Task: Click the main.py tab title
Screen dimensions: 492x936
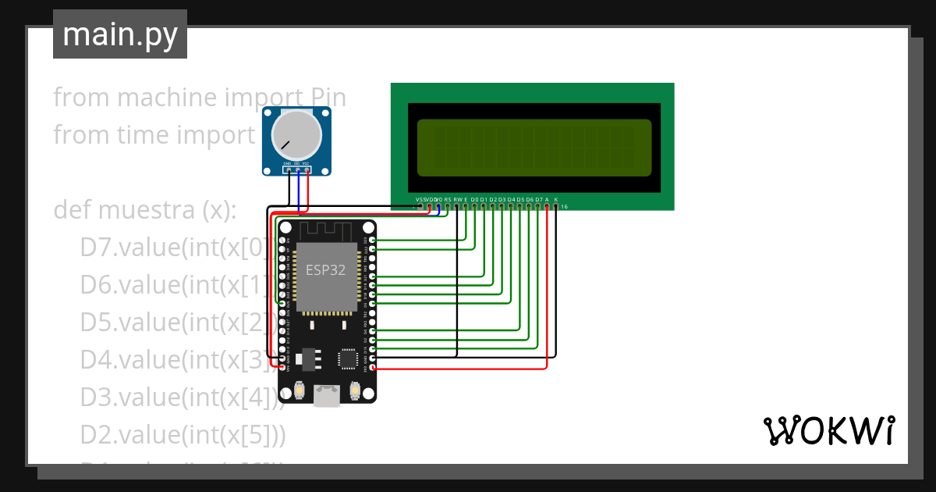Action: point(120,34)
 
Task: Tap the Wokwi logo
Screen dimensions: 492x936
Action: point(828,430)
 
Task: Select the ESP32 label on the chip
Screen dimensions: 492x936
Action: point(325,270)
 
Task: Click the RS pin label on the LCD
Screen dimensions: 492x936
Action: point(447,200)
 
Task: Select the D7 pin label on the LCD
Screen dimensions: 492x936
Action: point(538,200)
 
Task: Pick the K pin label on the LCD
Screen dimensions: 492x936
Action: point(556,200)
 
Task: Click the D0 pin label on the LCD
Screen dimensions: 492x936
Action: point(474,200)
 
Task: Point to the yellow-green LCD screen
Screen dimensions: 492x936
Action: point(534,148)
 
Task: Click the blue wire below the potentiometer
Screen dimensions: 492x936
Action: point(299,191)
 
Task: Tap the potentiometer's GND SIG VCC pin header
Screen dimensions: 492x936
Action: point(296,168)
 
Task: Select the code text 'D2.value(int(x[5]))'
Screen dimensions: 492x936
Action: point(183,435)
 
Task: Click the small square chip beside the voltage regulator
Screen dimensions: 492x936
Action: point(347,358)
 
